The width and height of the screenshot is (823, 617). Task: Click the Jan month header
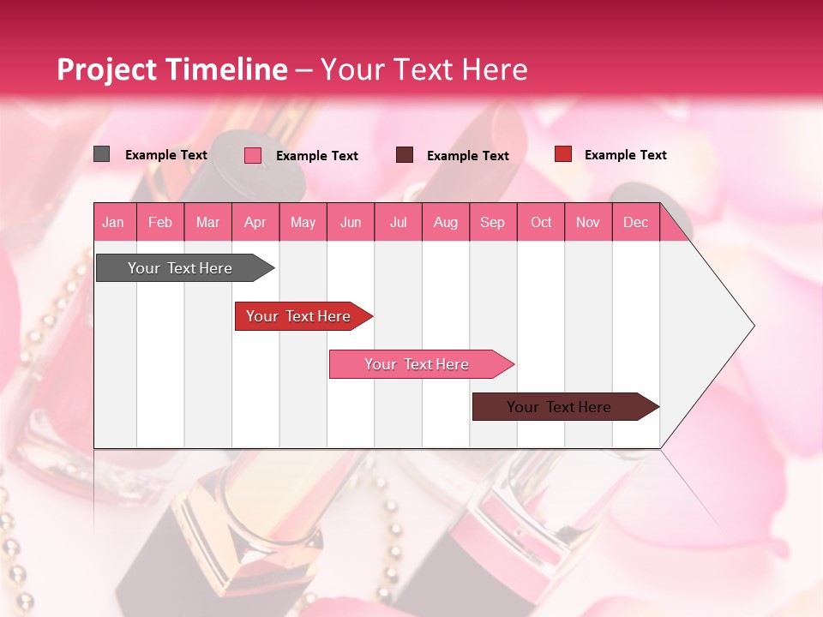pos(113,222)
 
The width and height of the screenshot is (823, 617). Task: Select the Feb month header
pos(160,222)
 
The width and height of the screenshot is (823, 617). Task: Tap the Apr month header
pos(255,222)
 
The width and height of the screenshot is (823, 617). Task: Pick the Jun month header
pos(351,222)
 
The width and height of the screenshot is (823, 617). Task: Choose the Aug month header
pos(445,222)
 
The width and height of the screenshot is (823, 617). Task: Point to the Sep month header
pos(492,222)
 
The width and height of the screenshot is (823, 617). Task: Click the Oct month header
pos(541,222)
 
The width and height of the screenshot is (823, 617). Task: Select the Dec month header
pos(635,222)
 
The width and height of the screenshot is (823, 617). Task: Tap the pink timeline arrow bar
pos(418,364)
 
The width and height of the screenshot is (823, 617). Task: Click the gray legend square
pos(101,154)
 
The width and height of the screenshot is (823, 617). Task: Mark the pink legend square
pos(253,155)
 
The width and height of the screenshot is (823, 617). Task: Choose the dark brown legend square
pos(405,154)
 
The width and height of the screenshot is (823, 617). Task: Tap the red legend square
pos(563,154)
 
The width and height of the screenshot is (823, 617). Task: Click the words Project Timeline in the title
pos(172,69)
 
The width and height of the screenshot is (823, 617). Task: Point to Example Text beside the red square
pos(625,154)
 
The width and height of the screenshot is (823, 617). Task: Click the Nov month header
pos(588,222)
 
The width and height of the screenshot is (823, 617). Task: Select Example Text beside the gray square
pos(166,154)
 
